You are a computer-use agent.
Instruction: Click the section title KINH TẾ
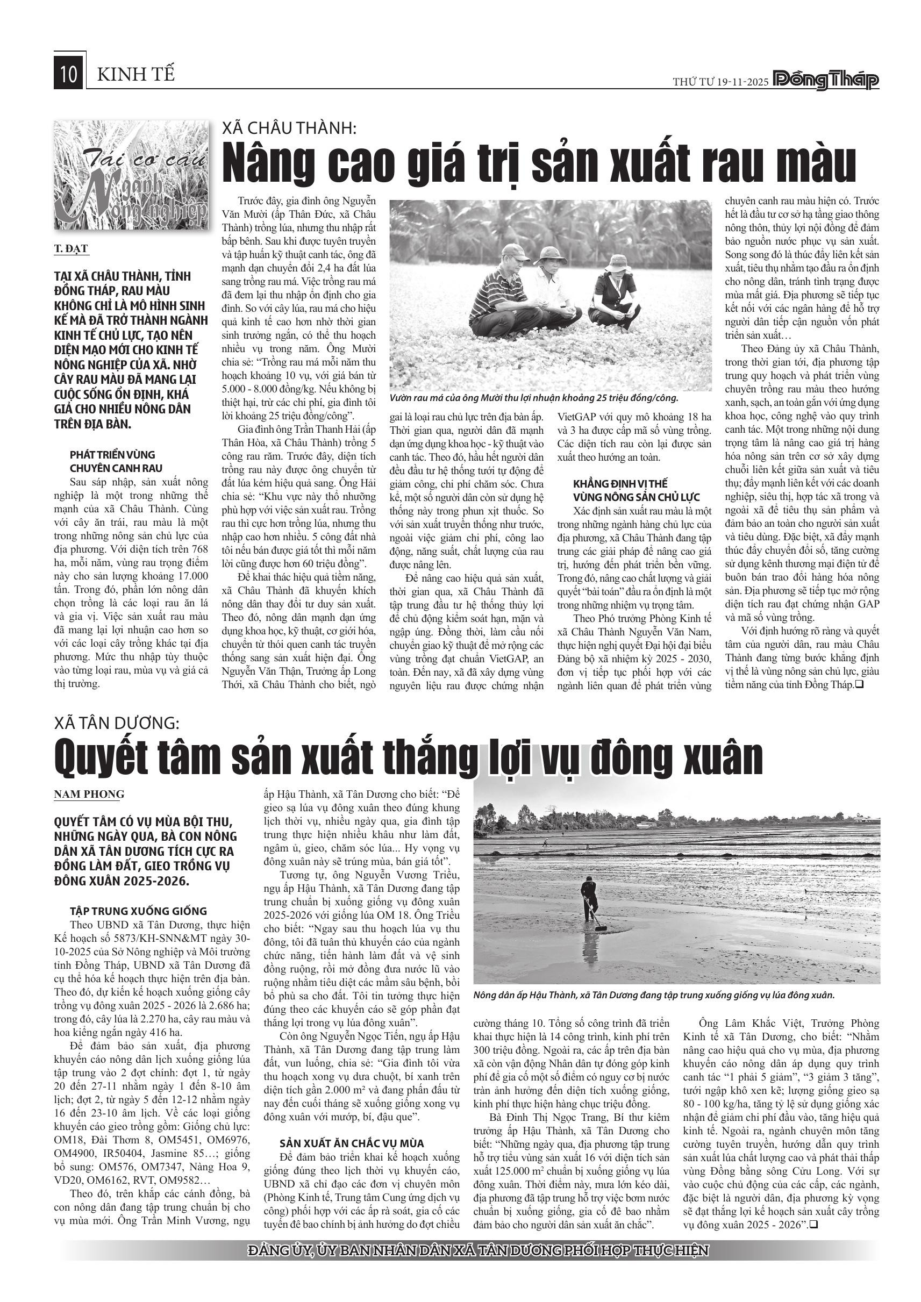coord(136,75)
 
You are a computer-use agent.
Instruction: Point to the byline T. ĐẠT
coord(71,248)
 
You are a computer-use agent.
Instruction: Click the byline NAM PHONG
coord(89,795)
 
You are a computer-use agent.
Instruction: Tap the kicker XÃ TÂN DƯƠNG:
coord(117,723)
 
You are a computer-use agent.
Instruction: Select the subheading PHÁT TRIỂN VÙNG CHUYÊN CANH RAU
coord(116,462)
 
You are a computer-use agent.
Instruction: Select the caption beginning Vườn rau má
coord(534,398)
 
